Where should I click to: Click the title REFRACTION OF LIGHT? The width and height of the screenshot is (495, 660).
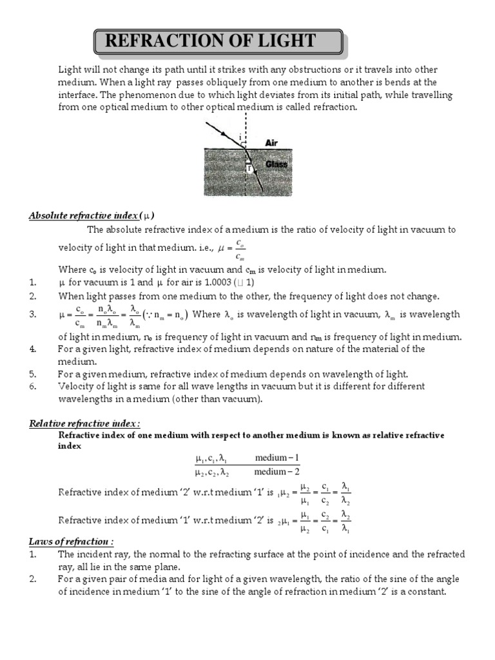210,42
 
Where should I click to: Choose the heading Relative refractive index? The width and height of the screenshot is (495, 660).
84,423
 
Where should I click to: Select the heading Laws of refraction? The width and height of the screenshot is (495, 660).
71,541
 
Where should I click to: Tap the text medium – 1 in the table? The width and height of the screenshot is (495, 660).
277,458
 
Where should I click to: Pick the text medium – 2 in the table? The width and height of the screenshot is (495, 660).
277,472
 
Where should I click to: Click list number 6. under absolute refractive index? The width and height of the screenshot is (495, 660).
33,386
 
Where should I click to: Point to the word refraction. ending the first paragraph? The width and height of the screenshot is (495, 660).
334,107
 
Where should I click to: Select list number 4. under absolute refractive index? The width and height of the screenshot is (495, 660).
33,349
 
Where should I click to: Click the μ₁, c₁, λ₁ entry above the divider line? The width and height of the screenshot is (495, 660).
211,458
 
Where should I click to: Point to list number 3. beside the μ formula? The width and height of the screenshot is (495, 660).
33,315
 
